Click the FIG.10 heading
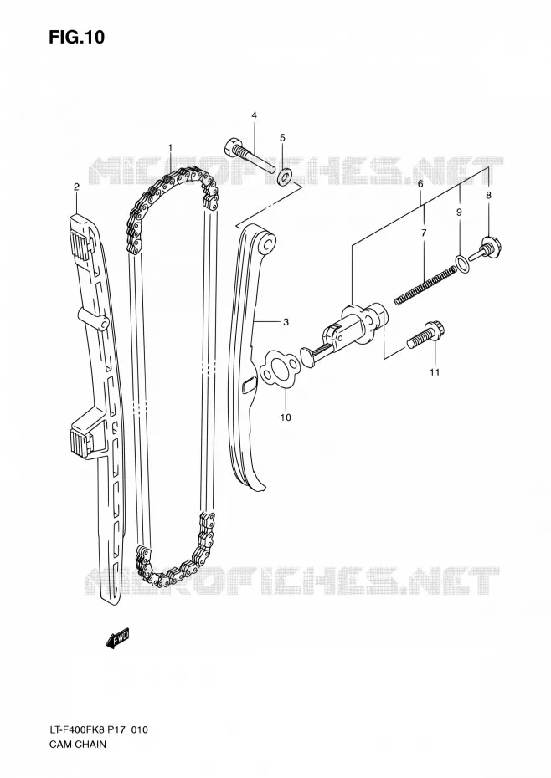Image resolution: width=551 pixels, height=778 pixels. click(x=76, y=37)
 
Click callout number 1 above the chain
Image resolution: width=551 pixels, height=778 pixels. click(x=170, y=147)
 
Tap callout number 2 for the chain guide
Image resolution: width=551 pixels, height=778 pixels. click(x=76, y=187)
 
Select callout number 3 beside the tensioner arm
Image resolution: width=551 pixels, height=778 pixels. click(x=254, y=115)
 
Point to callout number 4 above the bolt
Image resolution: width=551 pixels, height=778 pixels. click(x=282, y=137)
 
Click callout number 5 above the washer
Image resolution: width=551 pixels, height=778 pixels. click(x=420, y=183)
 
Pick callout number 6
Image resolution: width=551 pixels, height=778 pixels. click(x=424, y=233)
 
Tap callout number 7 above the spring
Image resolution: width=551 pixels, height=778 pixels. click(x=488, y=196)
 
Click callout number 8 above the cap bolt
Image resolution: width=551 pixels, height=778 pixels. click(x=459, y=212)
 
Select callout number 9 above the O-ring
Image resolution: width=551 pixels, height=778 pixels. click(x=286, y=417)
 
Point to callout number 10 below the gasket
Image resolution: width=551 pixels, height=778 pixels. click(x=435, y=372)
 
